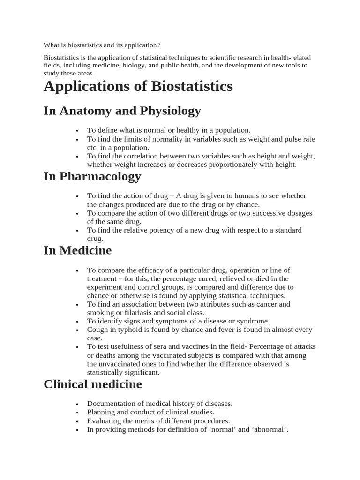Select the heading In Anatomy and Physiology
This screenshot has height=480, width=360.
(x=122, y=111)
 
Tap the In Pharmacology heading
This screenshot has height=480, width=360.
(x=92, y=176)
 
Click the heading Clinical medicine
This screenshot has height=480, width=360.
(x=92, y=384)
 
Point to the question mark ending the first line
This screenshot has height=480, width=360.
(x=158, y=45)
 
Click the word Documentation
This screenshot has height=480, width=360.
(x=111, y=404)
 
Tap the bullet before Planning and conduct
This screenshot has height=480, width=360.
(x=76, y=412)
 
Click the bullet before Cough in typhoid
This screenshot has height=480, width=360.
(x=76, y=330)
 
